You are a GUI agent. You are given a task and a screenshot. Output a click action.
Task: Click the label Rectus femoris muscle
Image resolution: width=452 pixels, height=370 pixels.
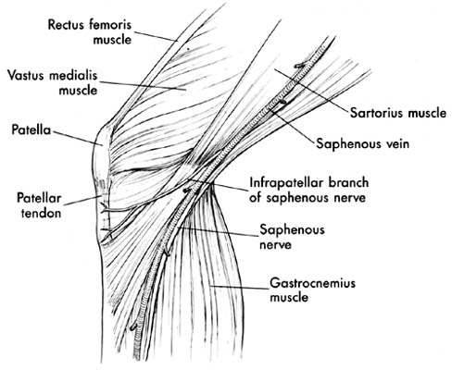[x=90, y=32]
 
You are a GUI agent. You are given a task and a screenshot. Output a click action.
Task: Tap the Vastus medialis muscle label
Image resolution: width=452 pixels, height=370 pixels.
[x=53, y=82]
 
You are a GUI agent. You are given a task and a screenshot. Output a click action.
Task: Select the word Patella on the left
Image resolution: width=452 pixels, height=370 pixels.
[x=31, y=129]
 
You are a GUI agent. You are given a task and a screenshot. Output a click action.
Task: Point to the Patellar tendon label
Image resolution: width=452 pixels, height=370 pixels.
[x=39, y=205]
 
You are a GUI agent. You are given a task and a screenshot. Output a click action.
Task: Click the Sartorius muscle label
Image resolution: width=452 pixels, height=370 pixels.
[x=398, y=113]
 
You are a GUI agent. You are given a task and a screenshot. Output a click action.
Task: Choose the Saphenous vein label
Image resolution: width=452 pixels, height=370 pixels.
[x=363, y=143]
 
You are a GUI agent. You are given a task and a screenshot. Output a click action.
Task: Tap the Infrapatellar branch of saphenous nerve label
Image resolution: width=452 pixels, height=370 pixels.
[x=309, y=190]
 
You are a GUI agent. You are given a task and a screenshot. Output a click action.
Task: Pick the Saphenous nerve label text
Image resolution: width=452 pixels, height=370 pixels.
[x=292, y=237]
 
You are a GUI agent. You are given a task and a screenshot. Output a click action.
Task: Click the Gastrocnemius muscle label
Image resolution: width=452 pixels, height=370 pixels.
[x=313, y=290]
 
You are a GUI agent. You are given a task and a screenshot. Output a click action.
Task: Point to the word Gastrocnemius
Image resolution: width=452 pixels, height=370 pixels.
[x=313, y=283]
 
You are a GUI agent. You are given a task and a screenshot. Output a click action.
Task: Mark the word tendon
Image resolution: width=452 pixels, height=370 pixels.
[x=41, y=214]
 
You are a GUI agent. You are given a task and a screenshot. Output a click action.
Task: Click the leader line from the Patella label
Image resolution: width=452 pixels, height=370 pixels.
[x=78, y=138]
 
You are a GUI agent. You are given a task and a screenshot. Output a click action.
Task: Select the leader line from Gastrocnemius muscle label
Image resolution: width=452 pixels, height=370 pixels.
[x=239, y=288]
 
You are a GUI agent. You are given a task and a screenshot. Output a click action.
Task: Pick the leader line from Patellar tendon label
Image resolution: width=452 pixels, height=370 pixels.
[x=82, y=201]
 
